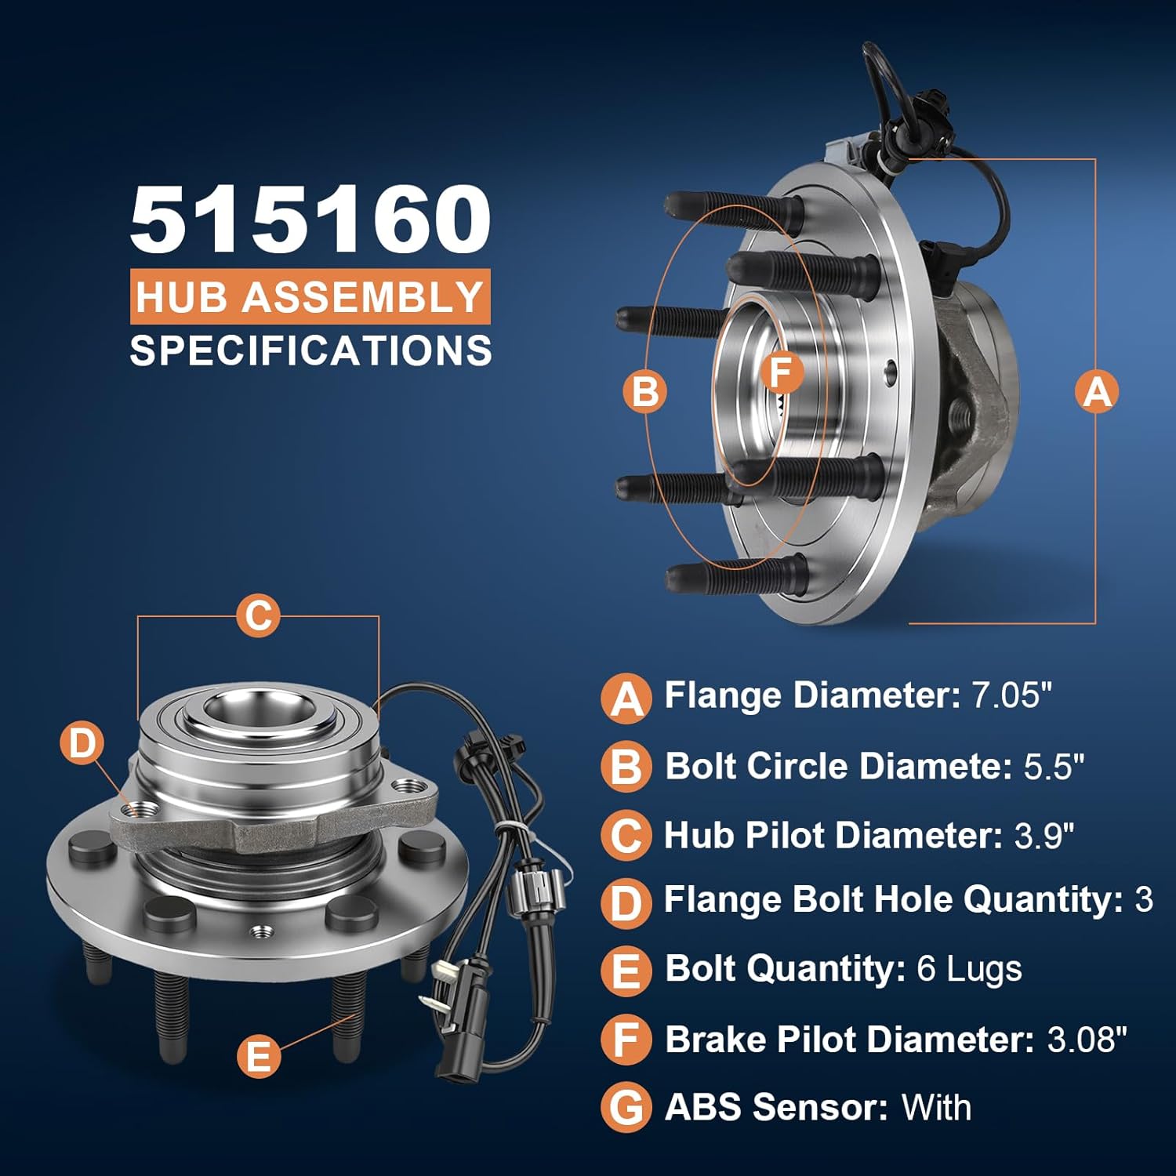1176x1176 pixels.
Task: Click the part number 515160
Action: (x=310, y=220)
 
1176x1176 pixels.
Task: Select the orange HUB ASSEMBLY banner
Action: (x=310, y=297)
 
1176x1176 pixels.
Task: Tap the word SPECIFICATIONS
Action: (x=310, y=350)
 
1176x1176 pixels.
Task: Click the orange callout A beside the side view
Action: (x=1096, y=390)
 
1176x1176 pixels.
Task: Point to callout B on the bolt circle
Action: (x=644, y=390)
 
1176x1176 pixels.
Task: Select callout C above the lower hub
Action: (x=258, y=615)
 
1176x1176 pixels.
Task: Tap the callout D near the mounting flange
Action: (x=82, y=742)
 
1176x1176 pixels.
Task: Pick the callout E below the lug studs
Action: (x=258, y=1055)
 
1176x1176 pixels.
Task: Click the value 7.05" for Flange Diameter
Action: (x=1011, y=695)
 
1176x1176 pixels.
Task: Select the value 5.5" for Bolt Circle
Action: (x=1054, y=766)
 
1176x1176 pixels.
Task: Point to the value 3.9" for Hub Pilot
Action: (x=1044, y=836)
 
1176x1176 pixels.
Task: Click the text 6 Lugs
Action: (x=969, y=969)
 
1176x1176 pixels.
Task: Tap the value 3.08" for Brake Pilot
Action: (x=1087, y=1040)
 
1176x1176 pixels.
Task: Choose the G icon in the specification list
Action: (x=626, y=1108)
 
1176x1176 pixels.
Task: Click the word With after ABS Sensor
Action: (x=936, y=1108)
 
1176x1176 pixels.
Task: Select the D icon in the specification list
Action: (x=626, y=902)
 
